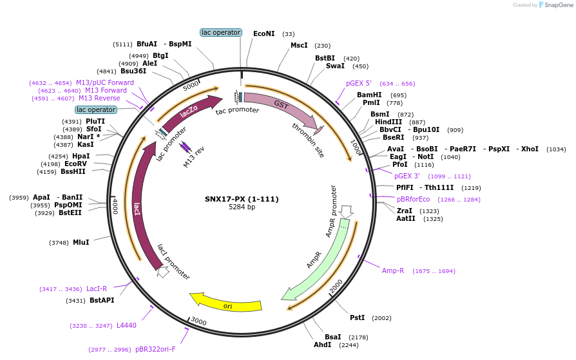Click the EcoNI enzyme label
[x=264, y=33]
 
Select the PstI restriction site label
[x=357, y=317]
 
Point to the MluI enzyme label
[x=81, y=242]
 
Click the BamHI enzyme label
[x=369, y=95]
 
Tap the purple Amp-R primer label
[x=393, y=270]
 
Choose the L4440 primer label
[x=126, y=325]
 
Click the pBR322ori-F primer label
[x=155, y=349]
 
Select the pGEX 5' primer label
[x=359, y=83]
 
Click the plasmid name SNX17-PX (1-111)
[x=242, y=198]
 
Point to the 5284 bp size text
[x=242, y=207]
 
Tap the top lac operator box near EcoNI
[x=221, y=32]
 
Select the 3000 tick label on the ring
[x=198, y=321]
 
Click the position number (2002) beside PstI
[x=382, y=318]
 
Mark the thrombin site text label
[x=308, y=140]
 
